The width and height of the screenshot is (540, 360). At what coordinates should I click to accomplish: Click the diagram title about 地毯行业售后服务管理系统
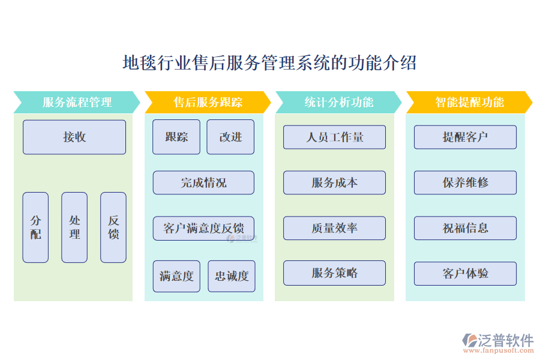pyautogui.click(x=269, y=63)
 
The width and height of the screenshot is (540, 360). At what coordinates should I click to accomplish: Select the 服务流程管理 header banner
pyautogui.click(x=77, y=102)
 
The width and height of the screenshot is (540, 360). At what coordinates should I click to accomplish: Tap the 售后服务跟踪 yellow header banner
pyautogui.click(x=208, y=102)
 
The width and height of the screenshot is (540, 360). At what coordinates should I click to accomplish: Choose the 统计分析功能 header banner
pyautogui.click(x=338, y=102)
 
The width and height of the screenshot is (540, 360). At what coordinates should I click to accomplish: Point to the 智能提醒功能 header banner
pyautogui.click(x=469, y=102)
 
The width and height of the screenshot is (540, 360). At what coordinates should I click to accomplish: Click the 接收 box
pyautogui.click(x=74, y=137)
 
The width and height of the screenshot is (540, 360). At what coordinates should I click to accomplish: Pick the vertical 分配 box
pyautogui.click(x=35, y=227)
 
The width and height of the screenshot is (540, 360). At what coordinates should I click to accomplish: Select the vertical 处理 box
pyautogui.click(x=74, y=227)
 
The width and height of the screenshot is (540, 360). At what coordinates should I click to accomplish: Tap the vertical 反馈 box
pyautogui.click(x=113, y=227)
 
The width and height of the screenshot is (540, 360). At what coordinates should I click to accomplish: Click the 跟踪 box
pyautogui.click(x=176, y=137)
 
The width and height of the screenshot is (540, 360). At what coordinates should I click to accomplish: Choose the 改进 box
pyautogui.click(x=230, y=137)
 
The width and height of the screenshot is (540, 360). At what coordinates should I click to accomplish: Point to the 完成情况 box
pyautogui.click(x=203, y=182)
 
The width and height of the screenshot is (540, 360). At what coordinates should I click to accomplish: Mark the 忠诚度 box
pyautogui.click(x=232, y=276)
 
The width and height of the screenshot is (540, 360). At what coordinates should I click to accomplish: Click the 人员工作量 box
pyautogui.click(x=334, y=137)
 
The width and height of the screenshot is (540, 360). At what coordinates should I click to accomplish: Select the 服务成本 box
pyautogui.click(x=334, y=182)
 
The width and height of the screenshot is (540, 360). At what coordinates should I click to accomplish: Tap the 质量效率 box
pyautogui.click(x=334, y=228)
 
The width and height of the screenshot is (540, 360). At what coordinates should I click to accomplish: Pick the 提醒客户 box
pyautogui.click(x=465, y=137)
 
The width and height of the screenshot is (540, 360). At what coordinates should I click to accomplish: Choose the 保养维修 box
pyautogui.click(x=465, y=182)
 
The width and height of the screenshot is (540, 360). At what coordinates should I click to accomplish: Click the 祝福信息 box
pyautogui.click(x=465, y=228)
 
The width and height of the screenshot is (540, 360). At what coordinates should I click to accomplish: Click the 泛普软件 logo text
pyautogui.click(x=505, y=341)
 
